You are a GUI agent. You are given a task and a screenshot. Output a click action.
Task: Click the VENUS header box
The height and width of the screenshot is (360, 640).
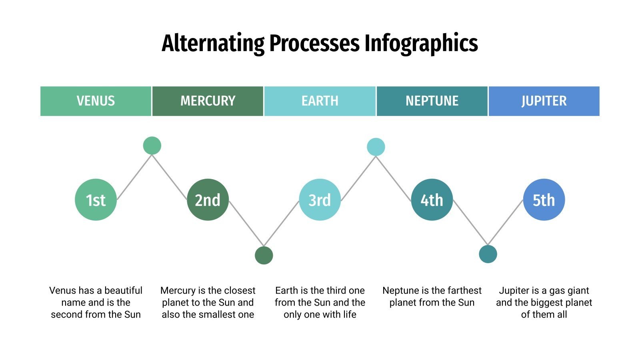tap(96, 101)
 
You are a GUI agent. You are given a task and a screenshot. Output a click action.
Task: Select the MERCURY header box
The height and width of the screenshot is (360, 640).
tap(208, 101)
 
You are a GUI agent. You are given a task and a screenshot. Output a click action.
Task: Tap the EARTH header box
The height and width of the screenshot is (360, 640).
tap(320, 101)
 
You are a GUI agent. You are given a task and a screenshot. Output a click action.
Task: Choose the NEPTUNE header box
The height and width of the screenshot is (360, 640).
tap(432, 101)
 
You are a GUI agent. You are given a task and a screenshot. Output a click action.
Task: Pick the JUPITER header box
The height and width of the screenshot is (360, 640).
tap(544, 101)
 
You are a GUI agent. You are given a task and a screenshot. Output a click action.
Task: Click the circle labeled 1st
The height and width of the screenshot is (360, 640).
tap(96, 200)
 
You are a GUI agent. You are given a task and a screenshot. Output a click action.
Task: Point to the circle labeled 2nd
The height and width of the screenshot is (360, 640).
tap(208, 200)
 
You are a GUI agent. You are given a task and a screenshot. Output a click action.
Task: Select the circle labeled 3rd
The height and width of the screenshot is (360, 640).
tap(320, 200)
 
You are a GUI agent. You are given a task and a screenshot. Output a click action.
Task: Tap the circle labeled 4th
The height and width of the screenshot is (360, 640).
tap(432, 200)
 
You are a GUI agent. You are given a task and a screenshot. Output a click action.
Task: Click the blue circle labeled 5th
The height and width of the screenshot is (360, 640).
tap(544, 200)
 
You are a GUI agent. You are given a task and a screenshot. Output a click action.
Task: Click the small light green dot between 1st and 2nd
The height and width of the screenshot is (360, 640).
tap(152, 146)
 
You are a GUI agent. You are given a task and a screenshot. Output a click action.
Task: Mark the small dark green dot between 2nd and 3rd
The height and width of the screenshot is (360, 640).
tap(264, 255)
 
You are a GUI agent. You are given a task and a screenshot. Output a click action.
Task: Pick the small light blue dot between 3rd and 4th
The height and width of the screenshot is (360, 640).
tap(376, 147)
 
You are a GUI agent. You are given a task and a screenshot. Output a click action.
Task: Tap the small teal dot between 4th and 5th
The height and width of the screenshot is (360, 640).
tap(488, 254)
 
